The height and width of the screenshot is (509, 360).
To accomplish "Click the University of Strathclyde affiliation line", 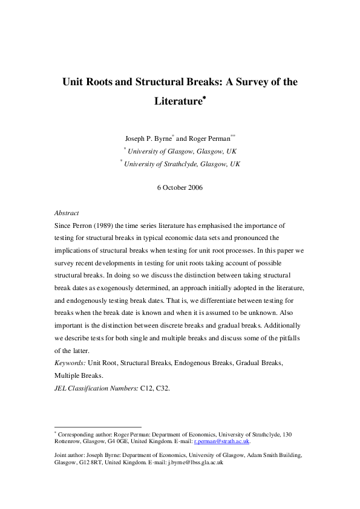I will click(182, 164).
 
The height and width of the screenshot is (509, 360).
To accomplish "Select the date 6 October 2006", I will click(180, 187).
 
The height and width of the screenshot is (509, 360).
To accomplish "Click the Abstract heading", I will click(66, 213).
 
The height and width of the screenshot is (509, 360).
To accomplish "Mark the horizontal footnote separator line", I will click(97, 427).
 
